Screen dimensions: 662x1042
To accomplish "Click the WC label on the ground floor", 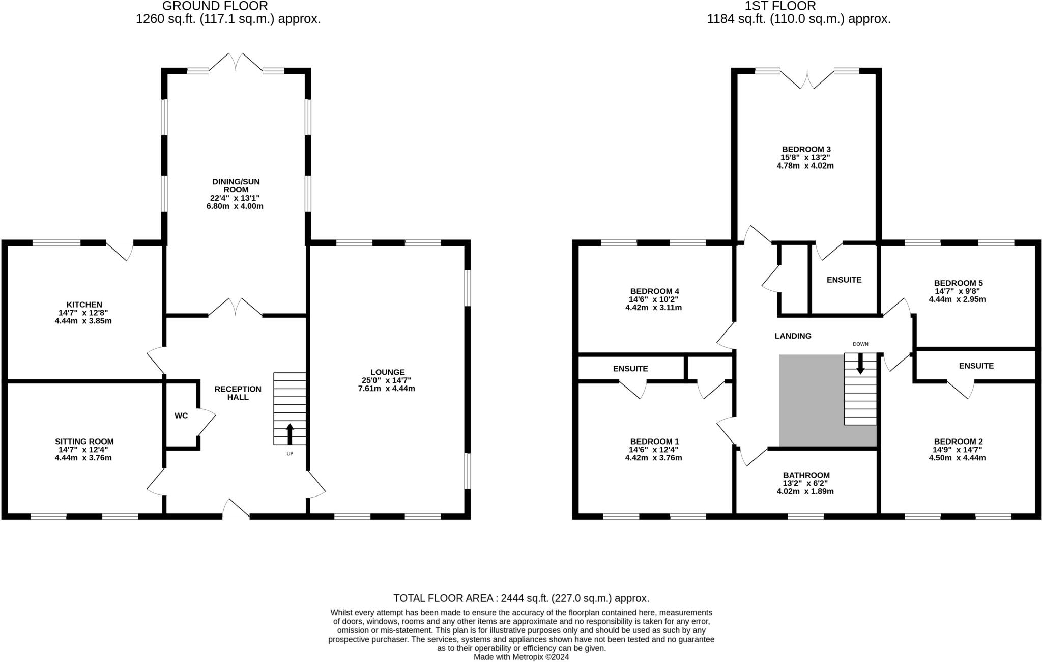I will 181,416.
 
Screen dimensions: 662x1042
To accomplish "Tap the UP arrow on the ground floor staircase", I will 290,433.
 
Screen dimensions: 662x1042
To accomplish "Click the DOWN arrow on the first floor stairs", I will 860,363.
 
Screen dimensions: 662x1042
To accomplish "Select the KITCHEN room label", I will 84,305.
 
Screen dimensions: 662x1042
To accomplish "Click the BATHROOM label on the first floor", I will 806,475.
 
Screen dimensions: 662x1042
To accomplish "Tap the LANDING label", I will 793,336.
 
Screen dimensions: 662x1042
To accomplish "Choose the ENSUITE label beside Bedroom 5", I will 844,280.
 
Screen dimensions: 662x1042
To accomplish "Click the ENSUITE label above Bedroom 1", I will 630,368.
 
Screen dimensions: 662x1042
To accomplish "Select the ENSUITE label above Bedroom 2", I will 976,366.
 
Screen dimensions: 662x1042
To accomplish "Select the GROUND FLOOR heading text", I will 215,6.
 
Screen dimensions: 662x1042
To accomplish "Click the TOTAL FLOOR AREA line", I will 521,598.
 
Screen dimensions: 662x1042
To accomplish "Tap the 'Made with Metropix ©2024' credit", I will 521,657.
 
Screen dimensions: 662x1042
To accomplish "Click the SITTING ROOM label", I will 84,442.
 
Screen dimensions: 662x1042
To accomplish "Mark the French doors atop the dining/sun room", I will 236,62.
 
